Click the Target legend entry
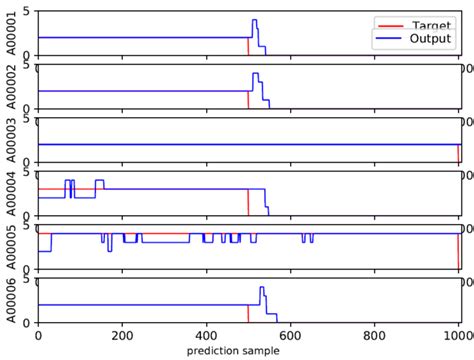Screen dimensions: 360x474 coord(432,22)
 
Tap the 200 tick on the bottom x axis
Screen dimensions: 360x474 coord(122,337)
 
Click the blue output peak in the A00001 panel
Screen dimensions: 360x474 coord(254,21)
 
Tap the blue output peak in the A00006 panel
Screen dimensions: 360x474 coord(261,288)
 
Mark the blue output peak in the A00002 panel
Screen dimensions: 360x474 coord(255,74)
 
